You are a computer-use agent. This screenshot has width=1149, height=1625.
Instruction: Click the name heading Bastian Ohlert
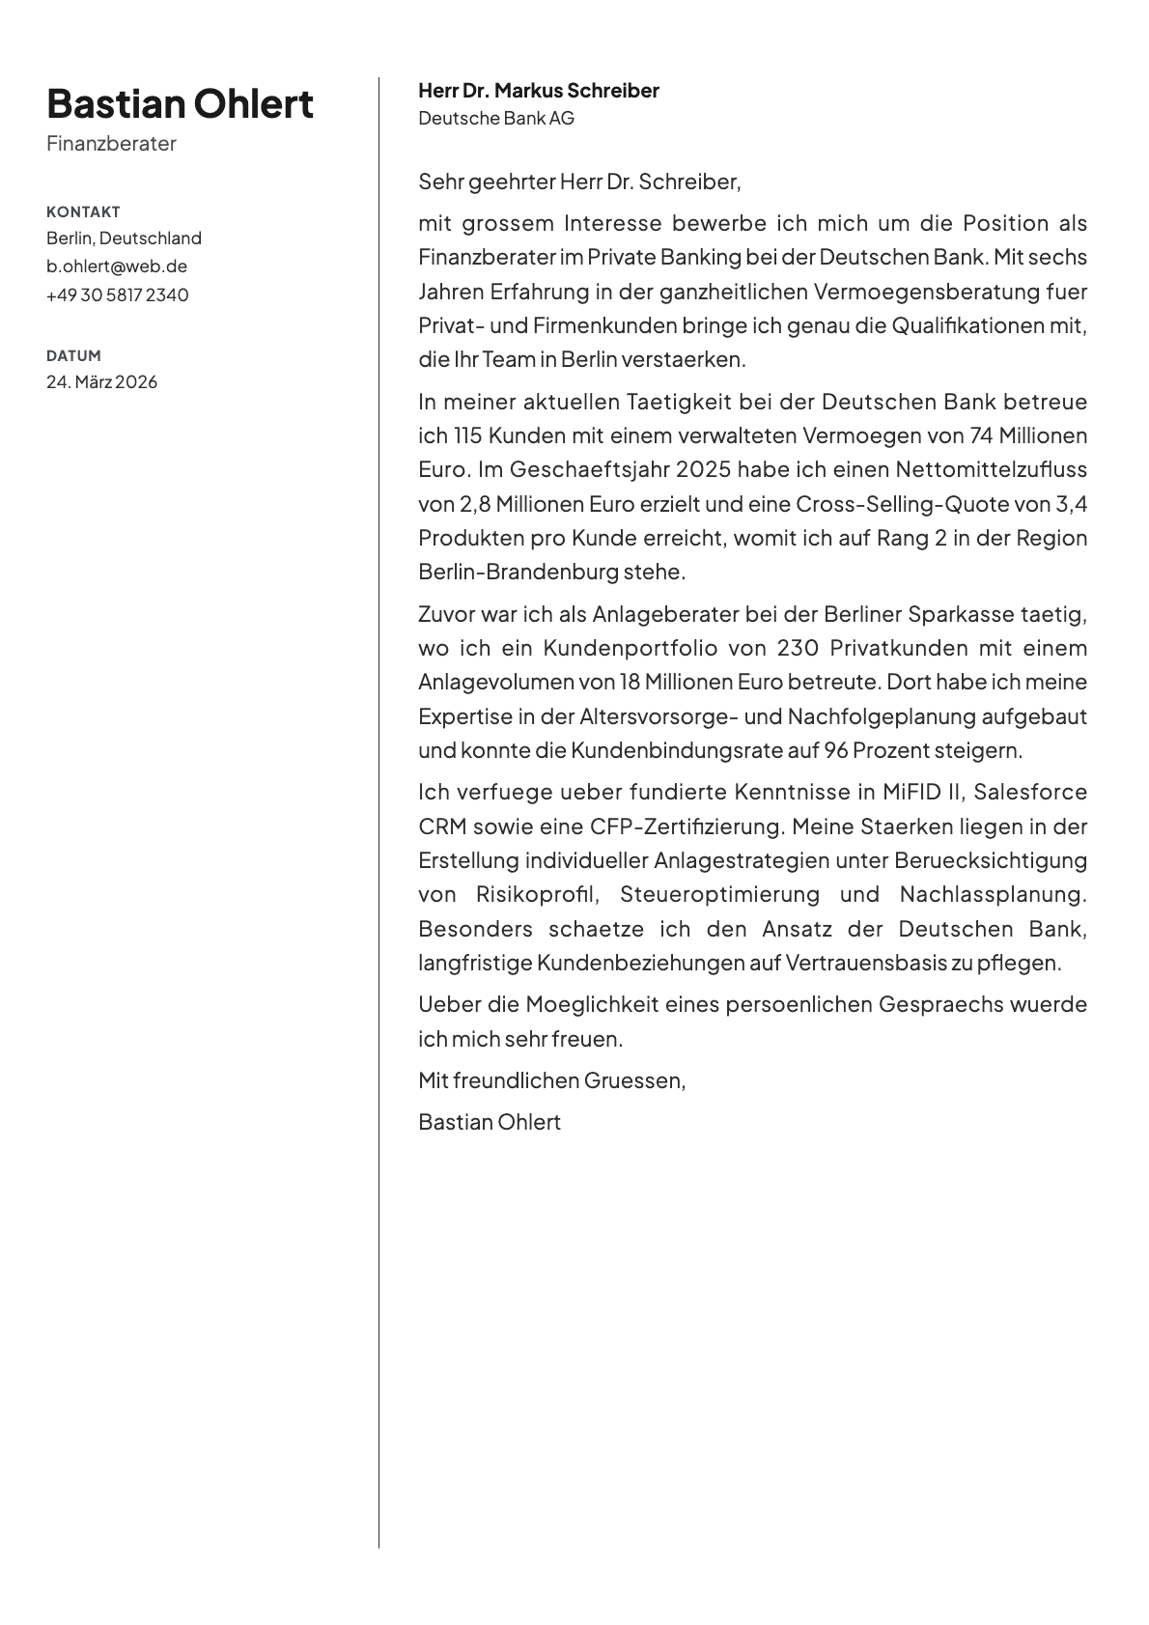[180, 103]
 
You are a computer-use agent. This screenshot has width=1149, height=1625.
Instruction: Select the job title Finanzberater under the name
[111, 144]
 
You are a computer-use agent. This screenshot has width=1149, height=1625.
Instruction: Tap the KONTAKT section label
[83, 211]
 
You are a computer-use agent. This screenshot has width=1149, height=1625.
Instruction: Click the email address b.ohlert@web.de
[117, 266]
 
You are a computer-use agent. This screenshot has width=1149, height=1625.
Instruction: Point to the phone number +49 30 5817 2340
[117, 294]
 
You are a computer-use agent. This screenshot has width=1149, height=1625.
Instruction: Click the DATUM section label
[73, 355]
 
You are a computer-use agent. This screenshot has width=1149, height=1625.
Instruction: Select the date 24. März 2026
[101, 381]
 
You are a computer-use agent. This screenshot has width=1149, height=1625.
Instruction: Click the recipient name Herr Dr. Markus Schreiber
[538, 91]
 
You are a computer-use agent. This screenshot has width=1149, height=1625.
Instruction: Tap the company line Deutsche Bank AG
[495, 118]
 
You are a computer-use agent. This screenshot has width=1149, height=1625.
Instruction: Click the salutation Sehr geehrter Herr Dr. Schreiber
[578, 182]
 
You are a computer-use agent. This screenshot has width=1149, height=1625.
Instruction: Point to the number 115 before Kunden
[467, 435]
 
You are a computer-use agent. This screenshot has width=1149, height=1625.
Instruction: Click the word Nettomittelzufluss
[991, 469]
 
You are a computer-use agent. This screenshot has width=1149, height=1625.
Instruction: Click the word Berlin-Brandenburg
[518, 572]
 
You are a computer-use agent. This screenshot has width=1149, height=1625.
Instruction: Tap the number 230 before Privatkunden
[798, 648]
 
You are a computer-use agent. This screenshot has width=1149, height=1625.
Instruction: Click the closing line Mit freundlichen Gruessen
[551, 1080]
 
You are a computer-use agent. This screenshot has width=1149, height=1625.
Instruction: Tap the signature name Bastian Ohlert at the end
[489, 1122]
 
